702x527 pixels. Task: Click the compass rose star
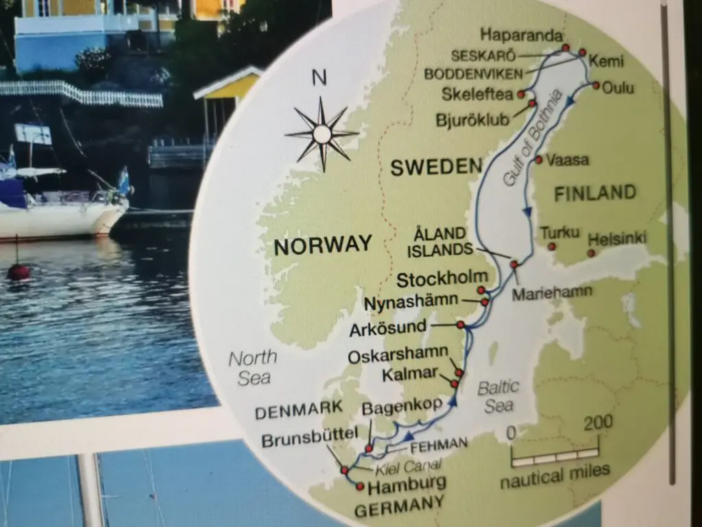[x=322, y=134]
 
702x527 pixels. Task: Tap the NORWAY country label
[x=323, y=245]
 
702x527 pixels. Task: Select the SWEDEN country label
[x=437, y=167]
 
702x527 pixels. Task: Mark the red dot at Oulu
[x=596, y=86]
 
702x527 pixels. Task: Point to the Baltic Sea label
[x=498, y=396]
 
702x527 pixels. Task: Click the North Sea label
[x=252, y=367]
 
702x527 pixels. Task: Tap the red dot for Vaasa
[x=540, y=161]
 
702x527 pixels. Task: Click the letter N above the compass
[x=319, y=78]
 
